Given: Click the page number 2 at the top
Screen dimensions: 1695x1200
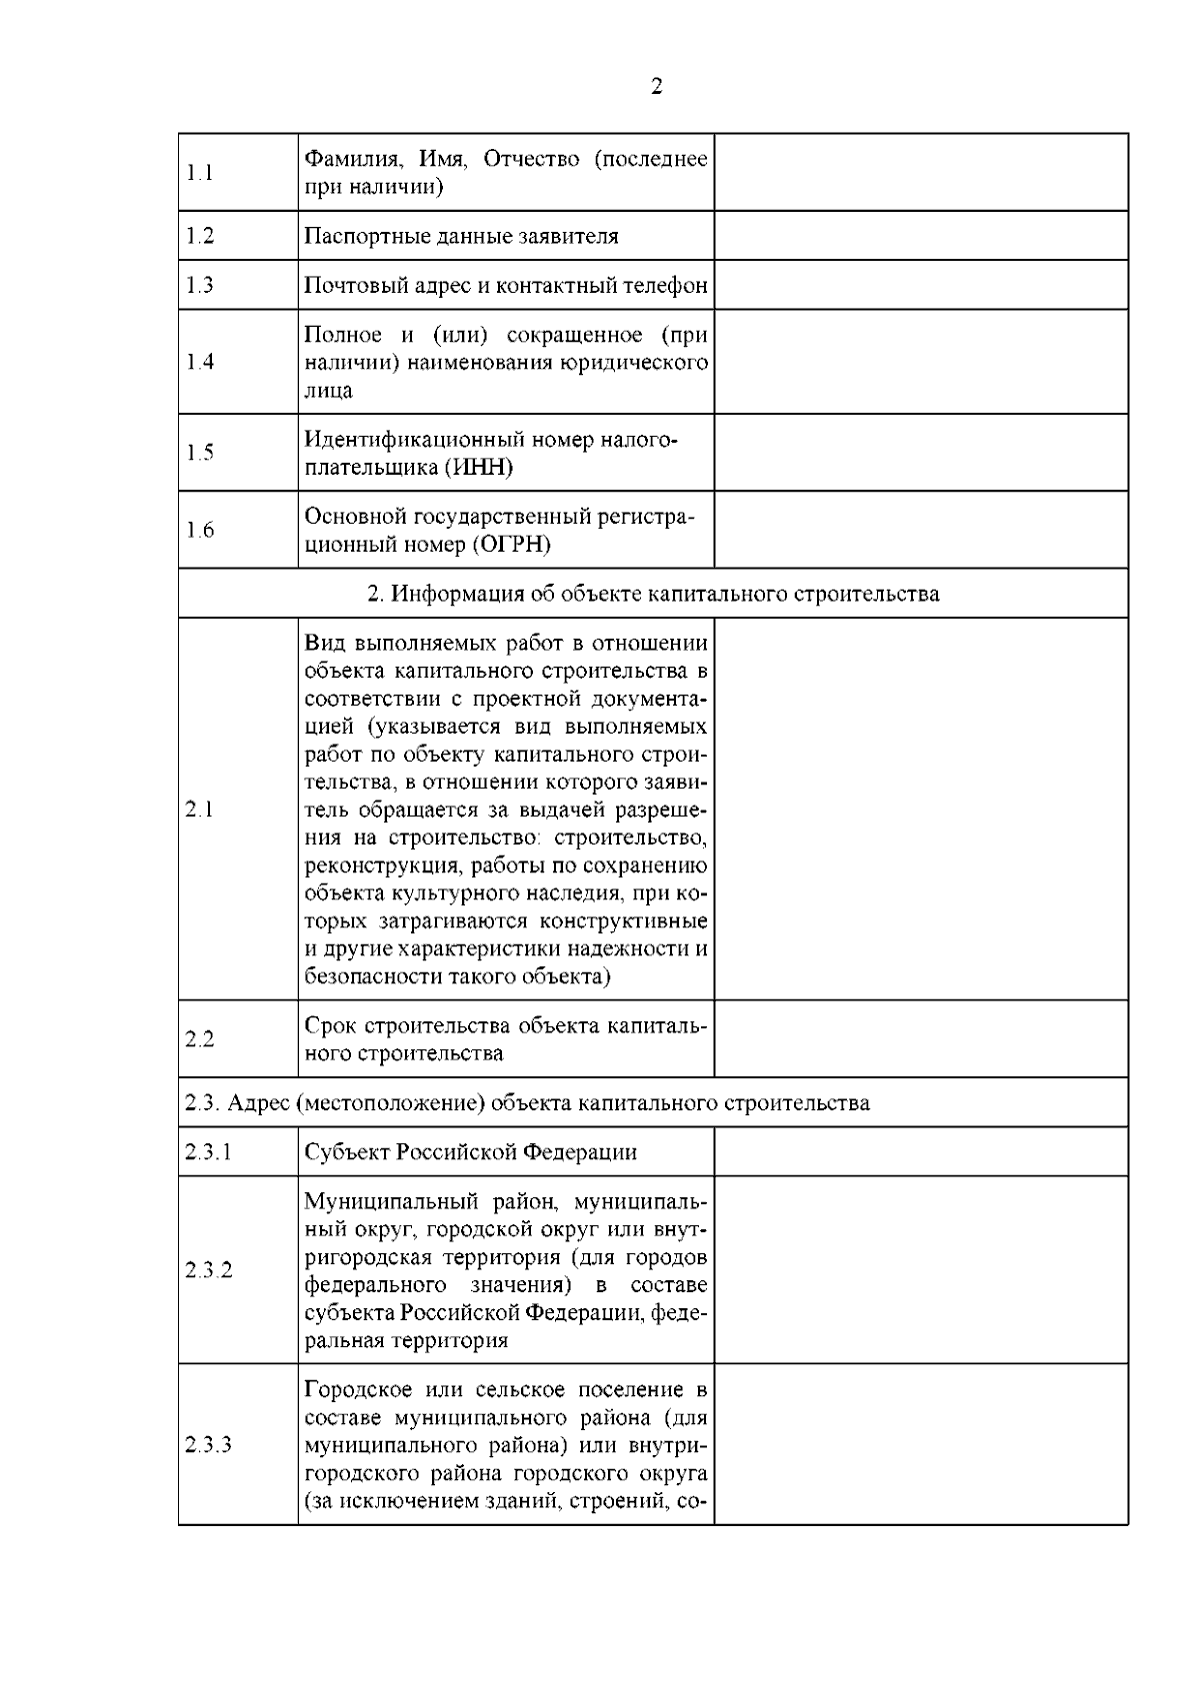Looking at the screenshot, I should (656, 87).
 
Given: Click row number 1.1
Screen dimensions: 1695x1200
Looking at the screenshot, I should (200, 173).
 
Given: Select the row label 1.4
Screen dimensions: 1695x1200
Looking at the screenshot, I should (200, 362).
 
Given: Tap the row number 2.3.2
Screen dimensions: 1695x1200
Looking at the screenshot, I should (208, 1270).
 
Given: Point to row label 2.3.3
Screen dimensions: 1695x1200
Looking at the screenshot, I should (208, 1445).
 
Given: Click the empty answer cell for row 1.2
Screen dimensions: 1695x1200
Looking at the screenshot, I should (920, 236).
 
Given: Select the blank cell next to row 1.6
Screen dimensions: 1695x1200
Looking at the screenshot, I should (920, 530).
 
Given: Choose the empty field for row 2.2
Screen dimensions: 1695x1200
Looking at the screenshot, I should (920, 1039).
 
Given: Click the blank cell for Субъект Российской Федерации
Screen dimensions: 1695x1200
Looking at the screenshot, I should (920, 1152).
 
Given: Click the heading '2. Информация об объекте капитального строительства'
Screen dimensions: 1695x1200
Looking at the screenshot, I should (653, 594).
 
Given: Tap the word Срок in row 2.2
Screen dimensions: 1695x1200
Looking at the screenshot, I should (331, 1026).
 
